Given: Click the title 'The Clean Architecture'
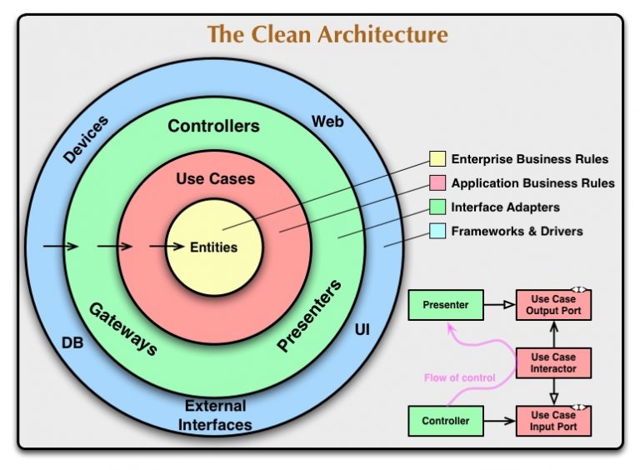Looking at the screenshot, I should (x=327, y=35).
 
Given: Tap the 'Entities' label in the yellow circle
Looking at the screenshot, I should (x=213, y=247).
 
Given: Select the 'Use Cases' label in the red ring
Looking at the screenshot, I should (x=215, y=179).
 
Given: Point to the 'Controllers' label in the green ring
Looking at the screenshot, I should (x=213, y=127).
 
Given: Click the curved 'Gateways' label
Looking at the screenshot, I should (x=122, y=327).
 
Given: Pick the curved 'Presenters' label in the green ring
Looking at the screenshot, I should (x=309, y=316).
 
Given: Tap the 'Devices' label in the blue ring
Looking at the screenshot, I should (x=85, y=139).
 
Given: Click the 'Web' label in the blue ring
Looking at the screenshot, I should (x=327, y=122).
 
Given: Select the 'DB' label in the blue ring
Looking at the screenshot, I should (x=72, y=342).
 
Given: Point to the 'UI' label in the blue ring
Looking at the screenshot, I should (x=362, y=331).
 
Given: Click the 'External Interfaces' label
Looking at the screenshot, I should (x=215, y=415).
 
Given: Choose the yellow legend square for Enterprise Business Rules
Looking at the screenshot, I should (x=437, y=159).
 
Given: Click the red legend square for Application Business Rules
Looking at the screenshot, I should (x=437, y=183).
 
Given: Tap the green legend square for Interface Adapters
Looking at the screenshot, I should (x=437, y=207).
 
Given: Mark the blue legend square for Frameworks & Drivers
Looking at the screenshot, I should (x=437, y=231).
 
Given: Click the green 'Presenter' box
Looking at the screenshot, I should (x=445, y=305).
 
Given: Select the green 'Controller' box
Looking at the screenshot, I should (x=445, y=421).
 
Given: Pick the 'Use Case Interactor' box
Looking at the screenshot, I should (x=553, y=362).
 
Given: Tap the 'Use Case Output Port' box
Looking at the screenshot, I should (x=553, y=305).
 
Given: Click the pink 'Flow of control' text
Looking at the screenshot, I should (x=459, y=377).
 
